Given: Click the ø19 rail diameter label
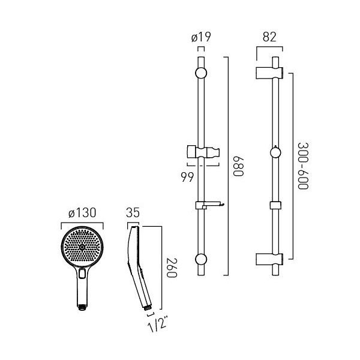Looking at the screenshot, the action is click(x=201, y=37).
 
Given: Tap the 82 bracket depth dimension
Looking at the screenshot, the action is click(x=269, y=37).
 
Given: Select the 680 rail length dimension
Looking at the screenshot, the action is click(x=238, y=166).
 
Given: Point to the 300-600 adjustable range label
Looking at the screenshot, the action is click(x=303, y=166).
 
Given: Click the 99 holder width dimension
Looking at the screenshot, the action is click(x=187, y=177).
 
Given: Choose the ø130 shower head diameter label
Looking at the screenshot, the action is click(x=82, y=213).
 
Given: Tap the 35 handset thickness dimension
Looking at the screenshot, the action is click(x=133, y=213).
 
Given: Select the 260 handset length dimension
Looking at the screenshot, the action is click(x=172, y=268).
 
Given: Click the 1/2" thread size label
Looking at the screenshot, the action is click(x=157, y=323).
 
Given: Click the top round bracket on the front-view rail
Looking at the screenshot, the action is click(x=201, y=73).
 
